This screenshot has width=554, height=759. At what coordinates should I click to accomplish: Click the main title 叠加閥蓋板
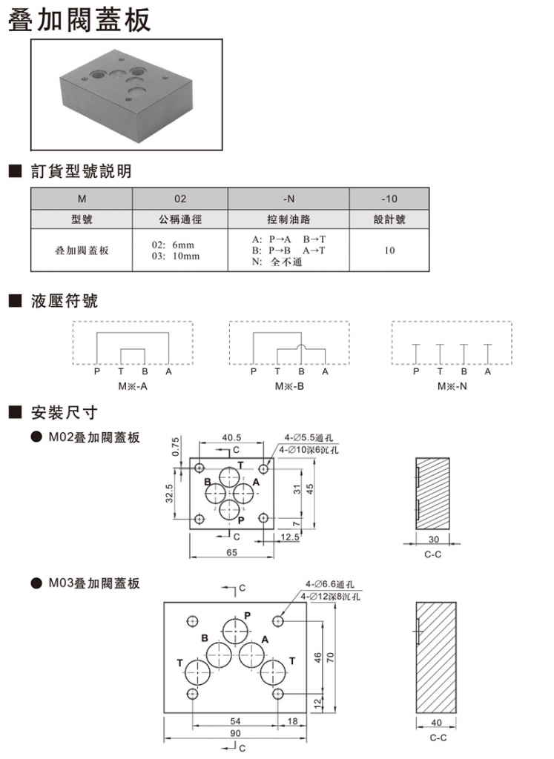(x=79, y=20)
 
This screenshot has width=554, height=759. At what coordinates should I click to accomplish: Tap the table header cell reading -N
(x=288, y=199)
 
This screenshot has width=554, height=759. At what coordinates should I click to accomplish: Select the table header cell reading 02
(x=180, y=199)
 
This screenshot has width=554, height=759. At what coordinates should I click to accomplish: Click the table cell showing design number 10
(x=389, y=251)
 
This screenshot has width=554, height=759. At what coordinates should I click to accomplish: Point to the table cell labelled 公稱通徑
(x=180, y=220)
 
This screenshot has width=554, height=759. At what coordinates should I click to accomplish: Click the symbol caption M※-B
(x=289, y=386)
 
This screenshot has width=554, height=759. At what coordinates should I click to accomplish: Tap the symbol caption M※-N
(x=452, y=386)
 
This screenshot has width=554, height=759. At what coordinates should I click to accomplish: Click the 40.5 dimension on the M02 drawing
(x=231, y=437)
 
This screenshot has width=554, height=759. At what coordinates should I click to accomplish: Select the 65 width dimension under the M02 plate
(x=231, y=552)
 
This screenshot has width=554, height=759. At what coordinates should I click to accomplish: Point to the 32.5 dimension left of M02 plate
(x=170, y=493)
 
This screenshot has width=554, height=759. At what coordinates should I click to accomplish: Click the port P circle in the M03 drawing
(x=237, y=633)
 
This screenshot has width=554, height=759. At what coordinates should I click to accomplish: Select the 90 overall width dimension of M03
(x=235, y=733)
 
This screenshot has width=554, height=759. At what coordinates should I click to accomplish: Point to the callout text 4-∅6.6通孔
(x=330, y=583)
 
